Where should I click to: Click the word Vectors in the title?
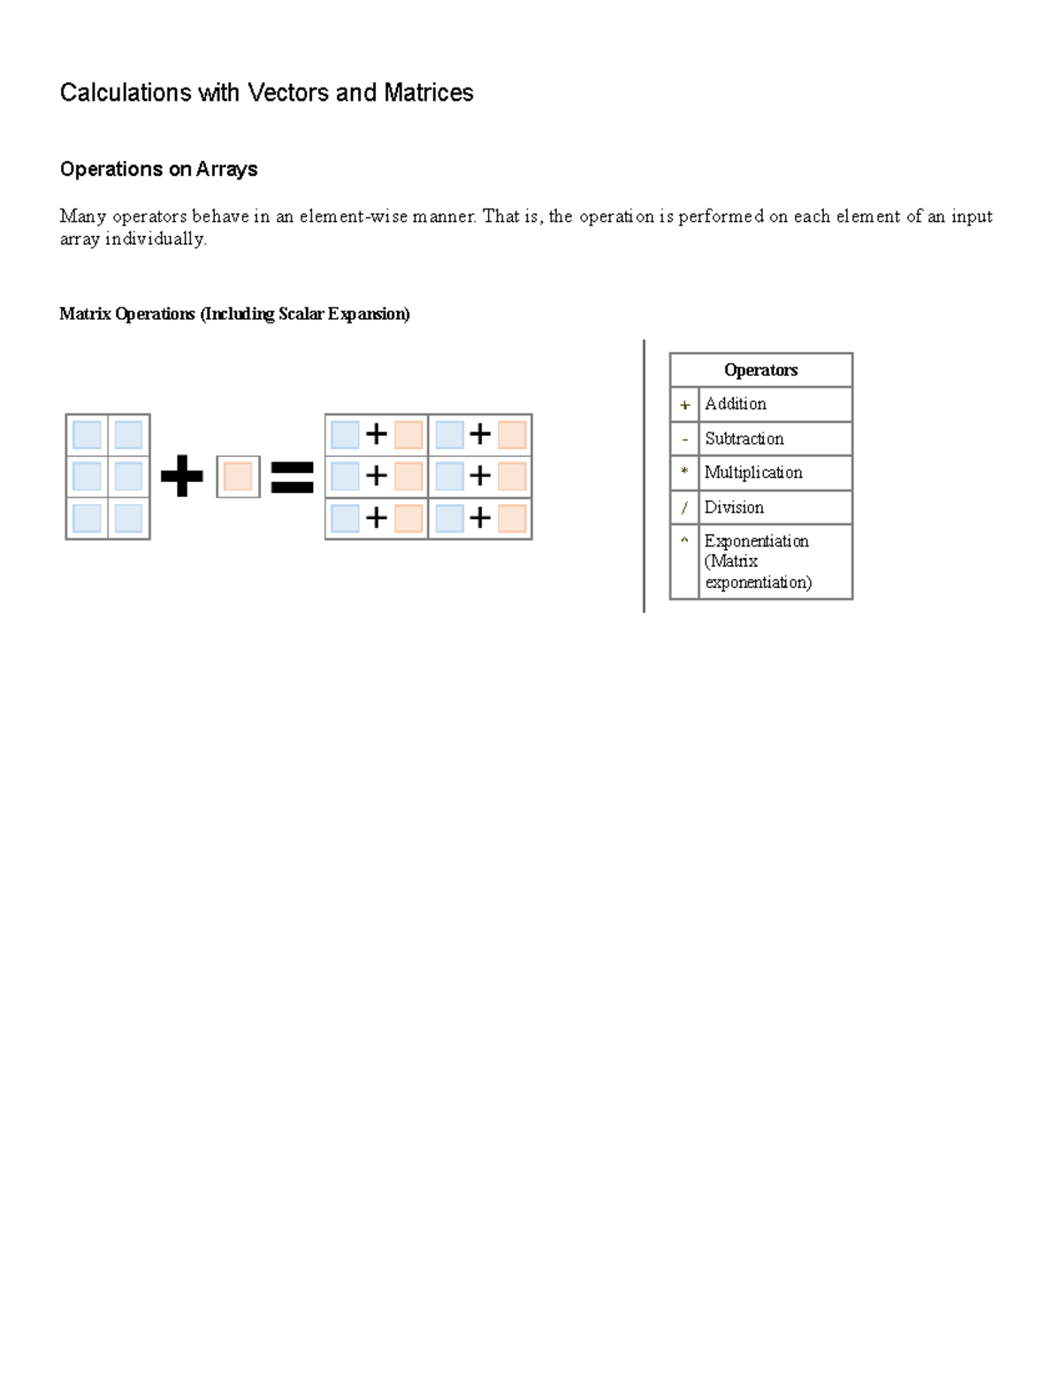tap(288, 93)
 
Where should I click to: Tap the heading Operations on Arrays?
tap(158, 169)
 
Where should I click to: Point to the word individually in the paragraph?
tap(155, 239)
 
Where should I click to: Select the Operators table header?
tap(760, 370)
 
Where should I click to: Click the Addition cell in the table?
tap(735, 404)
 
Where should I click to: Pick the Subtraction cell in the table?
tap(744, 439)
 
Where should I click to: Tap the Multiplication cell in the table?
tap(753, 473)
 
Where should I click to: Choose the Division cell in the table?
tap(734, 507)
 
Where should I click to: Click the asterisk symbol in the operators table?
tap(684, 472)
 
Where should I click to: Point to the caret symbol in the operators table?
tap(684, 540)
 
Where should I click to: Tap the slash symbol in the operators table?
tap(684, 507)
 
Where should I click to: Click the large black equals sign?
tap(292, 477)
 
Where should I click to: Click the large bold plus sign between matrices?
tap(182, 477)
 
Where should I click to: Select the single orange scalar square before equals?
tap(238, 477)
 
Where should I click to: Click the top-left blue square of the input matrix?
tap(87, 435)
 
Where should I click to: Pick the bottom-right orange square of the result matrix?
tap(512, 518)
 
